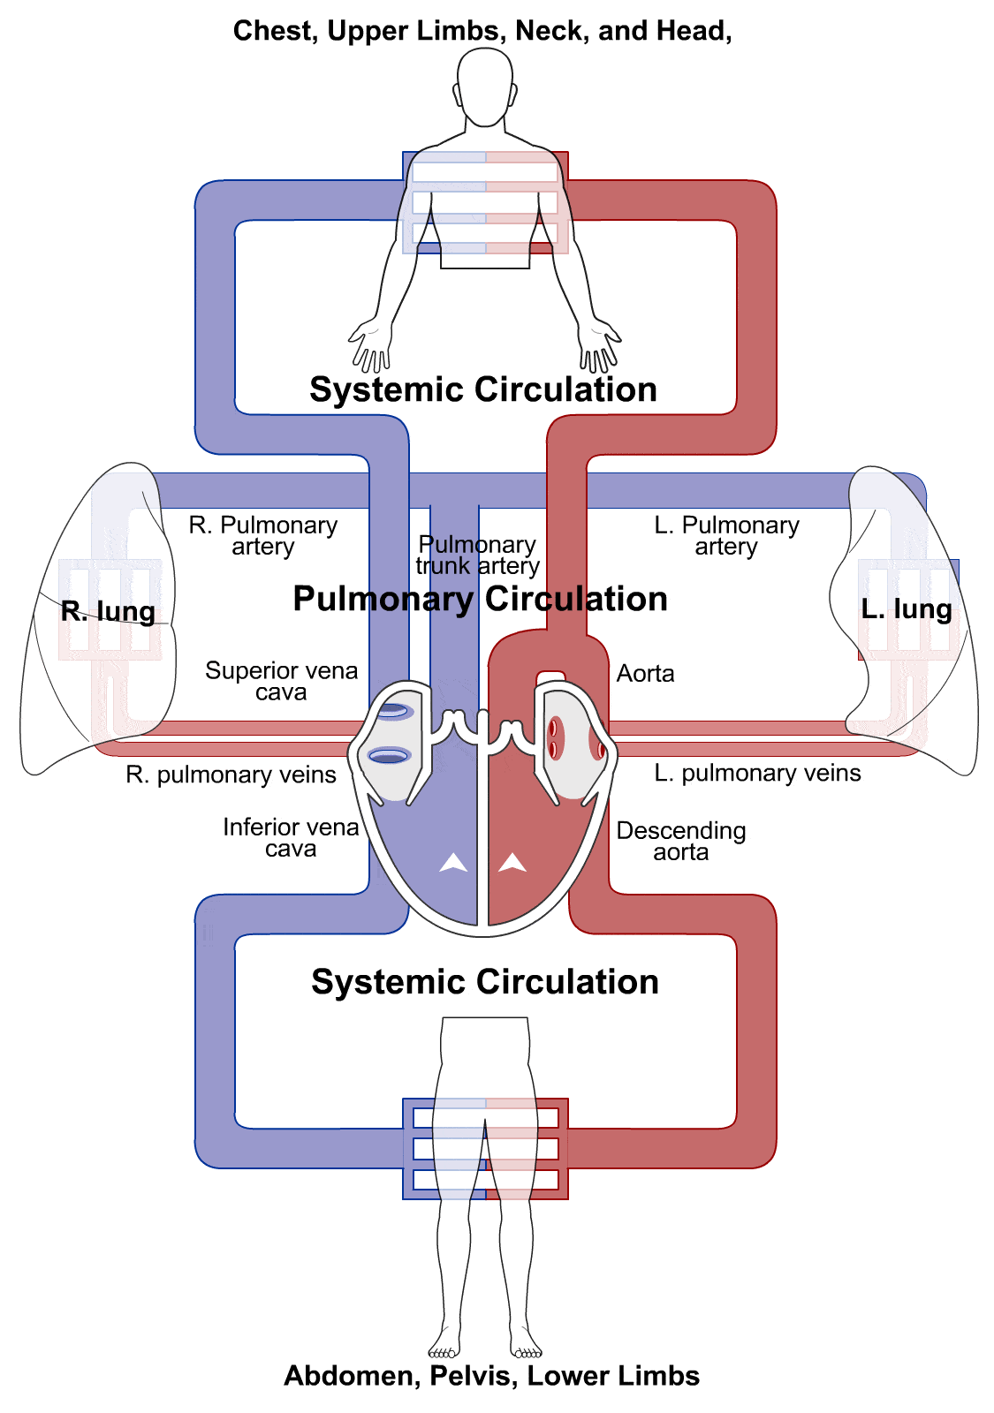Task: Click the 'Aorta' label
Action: [x=645, y=674]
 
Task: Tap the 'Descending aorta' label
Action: [x=680, y=841]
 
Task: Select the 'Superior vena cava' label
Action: [x=281, y=681]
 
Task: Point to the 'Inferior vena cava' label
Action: [x=291, y=837]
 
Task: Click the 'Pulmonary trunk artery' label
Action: [x=477, y=555]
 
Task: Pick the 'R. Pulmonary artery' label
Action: [x=263, y=535]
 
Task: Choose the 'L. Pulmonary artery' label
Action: [x=726, y=535]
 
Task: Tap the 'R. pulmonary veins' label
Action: [x=231, y=775]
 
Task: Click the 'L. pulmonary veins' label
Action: [x=757, y=773]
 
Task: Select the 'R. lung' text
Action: [x=108, y=611]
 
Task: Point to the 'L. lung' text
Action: [x=907, y=608]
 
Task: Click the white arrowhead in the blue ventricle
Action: [x=453, y=863]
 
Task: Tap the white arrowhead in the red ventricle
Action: [x=512, y=862]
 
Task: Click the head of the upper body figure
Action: [x=485, y=86]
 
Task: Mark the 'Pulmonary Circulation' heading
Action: [x=480, y=599]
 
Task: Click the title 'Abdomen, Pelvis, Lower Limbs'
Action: [x=491, y=1376]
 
